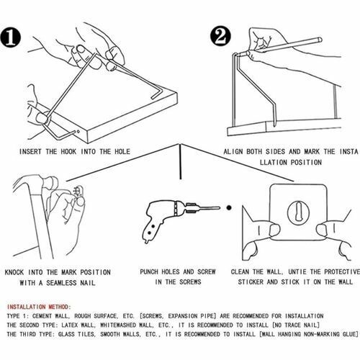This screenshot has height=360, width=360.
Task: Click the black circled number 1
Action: pyautogui.click(x=11, y=37)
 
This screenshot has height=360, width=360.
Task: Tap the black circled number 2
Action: pyautogui.click(x=220, y=36)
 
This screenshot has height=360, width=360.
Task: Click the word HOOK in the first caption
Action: pyautogui.click(x=68, y=152)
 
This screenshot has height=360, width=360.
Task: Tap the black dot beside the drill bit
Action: pyautogui.click(x=229, y=207)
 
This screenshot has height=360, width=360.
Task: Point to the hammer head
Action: pyautogui.click(x=50, y=183)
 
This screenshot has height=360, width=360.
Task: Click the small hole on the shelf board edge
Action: pyautogui.click(x=78, y=132)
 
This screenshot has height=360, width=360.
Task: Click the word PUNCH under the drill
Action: pyautogui.click(x=149, y=272)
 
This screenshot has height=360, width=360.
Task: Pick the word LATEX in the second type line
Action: pyautogui.click(x=70, y=325)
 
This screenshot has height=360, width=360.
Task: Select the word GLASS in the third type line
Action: pyautogui.click(x=66, y=334)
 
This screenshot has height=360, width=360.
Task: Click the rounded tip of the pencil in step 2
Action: pyautogui.click(x=320, y=40)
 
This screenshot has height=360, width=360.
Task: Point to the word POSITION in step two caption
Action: pyautogui.click(x=306, y=163)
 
